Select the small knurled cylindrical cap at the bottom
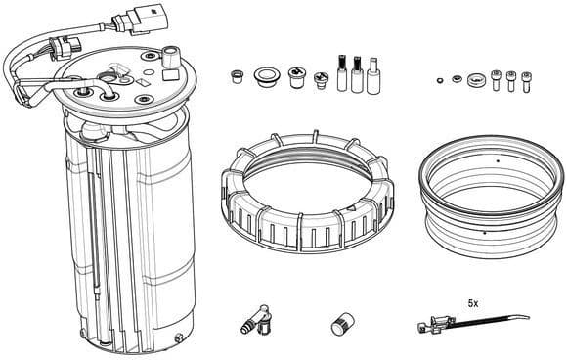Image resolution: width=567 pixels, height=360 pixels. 342,324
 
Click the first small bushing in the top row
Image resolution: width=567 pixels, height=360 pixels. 236,74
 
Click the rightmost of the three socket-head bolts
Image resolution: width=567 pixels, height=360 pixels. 526,79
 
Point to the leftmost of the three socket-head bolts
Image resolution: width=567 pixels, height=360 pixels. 497,79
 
